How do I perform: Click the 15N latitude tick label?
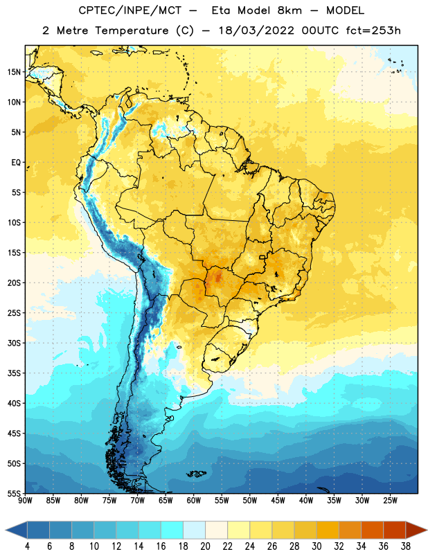coord(14,72)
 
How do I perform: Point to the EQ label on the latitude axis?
coord(16,163)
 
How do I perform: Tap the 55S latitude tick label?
coord(14,494)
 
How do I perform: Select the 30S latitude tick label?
coord(14,343)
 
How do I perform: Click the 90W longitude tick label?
coord(25,501)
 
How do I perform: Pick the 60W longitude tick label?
coord(194,501)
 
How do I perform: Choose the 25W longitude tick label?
coord(390,501)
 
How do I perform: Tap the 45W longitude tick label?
coord(278,501)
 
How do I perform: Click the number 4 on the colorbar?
coord(27,546)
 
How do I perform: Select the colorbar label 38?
coord(406,546)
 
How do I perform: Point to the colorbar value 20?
coord(205,546)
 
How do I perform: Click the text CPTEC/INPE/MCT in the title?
coord(130,10)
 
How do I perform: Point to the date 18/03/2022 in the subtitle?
coord(256,30)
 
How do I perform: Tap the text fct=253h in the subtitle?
coord(373,30)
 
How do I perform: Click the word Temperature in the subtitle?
coord(132,31)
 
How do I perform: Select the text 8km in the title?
coord(289,10)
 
